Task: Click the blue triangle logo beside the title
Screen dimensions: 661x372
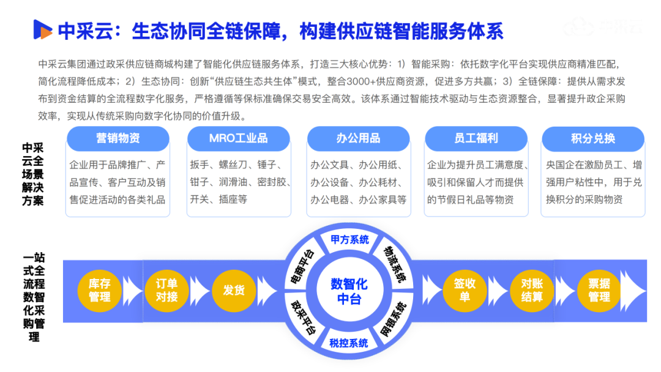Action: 42,29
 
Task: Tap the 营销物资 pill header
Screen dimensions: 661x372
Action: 118,139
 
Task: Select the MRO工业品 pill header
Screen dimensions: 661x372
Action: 238,139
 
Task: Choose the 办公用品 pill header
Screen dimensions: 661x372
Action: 358,139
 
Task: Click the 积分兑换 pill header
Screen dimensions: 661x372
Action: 592,139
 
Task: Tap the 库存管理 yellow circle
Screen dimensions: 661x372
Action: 99,290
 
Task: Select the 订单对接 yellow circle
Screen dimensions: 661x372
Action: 166,290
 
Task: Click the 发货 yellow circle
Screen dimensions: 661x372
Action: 233,290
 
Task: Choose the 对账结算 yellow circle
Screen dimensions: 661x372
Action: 532,290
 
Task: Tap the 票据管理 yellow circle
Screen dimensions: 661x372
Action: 599,290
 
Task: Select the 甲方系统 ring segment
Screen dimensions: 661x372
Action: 349,240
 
